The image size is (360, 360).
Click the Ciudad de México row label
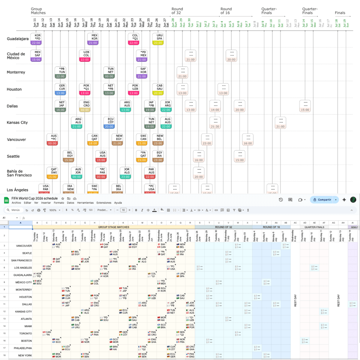16,56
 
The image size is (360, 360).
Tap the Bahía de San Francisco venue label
19,173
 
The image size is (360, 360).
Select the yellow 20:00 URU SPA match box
158,39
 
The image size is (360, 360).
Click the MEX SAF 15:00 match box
36,56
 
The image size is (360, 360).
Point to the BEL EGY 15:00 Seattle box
69,156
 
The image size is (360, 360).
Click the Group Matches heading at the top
38,11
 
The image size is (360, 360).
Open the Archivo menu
16,203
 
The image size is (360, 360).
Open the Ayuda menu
118,203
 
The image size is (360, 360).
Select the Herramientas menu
85,203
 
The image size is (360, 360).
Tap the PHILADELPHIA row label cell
23,348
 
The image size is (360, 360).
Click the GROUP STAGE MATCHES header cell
113,227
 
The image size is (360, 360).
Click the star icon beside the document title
63,199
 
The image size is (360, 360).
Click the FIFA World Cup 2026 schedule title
34,198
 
